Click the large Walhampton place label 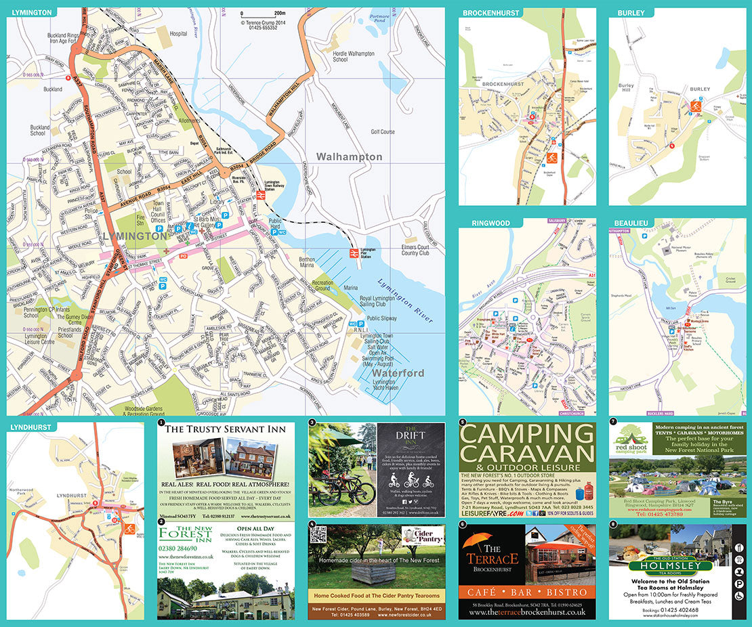(349, 156)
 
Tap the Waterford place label (398, 373)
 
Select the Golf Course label (383, 132)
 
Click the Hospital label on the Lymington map (178, 33)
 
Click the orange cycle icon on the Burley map (695, 106)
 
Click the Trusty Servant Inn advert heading (225, 429)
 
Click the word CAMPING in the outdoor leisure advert (526, 434)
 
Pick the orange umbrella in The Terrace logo (480, 540)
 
